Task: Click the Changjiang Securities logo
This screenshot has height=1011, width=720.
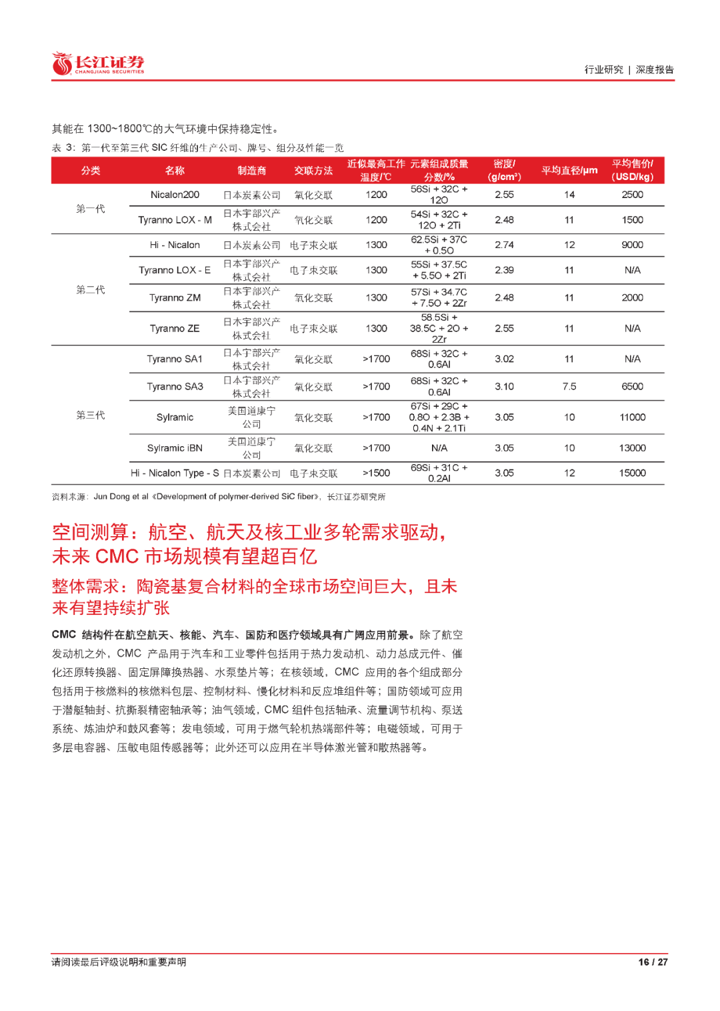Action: pos(98,64)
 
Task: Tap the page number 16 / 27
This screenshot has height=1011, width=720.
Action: pos(652,962)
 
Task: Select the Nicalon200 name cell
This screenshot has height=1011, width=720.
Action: pos(175,195)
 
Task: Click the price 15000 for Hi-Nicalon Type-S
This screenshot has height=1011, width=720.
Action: pos(632,473)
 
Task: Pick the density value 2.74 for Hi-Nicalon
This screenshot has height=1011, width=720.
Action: pos(504,245)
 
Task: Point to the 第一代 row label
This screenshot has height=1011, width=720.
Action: pos(90,209)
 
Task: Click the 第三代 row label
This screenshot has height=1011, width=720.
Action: pos(90,415)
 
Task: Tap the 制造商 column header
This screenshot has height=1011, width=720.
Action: pos(251,171)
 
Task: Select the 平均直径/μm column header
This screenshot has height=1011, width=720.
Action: pos(569,171)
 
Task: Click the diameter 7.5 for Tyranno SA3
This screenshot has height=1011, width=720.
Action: pos(569,387)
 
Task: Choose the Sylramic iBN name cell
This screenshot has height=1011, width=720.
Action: pos(175,448)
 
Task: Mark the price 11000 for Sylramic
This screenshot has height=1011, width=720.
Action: pos(632,417)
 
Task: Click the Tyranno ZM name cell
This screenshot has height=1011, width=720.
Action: pos(175,298)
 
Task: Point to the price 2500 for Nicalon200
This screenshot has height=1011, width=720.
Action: pos(632,195)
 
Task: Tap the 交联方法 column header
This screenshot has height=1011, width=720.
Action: pos(313,171)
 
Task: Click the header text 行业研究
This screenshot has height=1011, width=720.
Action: pos(603,69)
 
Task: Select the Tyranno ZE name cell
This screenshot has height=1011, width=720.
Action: pos(175,329)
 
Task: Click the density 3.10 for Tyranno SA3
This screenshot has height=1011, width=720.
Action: pos(504,387)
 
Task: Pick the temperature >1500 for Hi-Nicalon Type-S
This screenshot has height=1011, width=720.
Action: pos(376,473)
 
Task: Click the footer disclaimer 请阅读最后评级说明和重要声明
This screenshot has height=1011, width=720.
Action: pos(119,962)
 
